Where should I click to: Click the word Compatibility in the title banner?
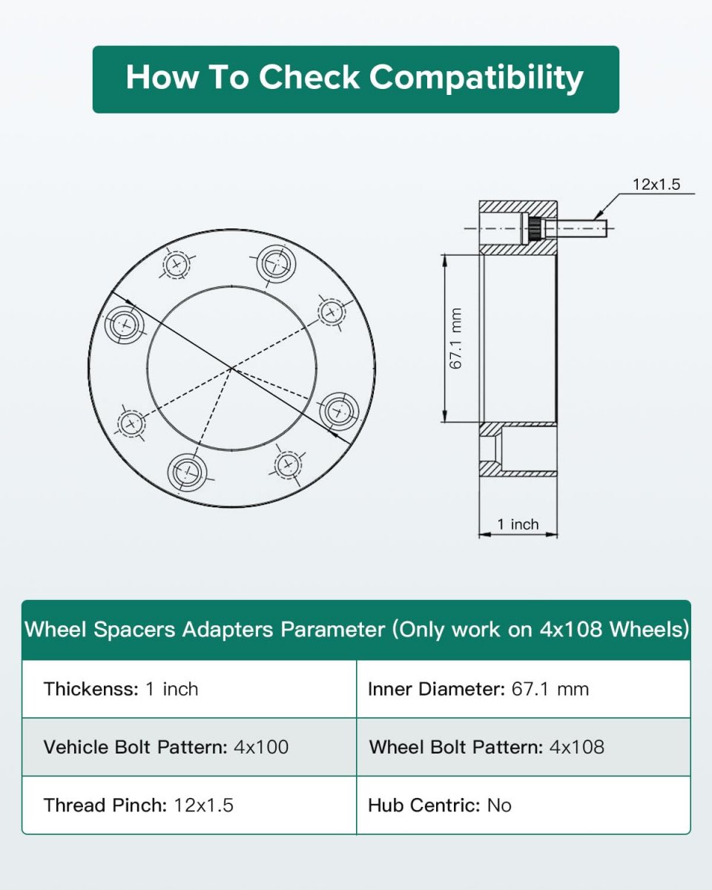coord(476,79)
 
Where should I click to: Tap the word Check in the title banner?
coord(309,77)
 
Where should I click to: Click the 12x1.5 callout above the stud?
coord(656,184)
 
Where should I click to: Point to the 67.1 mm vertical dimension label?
coord(455,338)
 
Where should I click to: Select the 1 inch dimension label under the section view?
coord(518,524)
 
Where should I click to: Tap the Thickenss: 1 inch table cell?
coord(189,688)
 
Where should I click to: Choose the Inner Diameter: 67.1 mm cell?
coord(524,688)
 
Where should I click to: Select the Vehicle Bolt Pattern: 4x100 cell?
coord(189,747)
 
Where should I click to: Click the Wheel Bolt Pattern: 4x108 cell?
coord(524,747)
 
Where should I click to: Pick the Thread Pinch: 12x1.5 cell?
coord(189,805)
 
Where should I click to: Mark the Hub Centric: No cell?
coord(524,805)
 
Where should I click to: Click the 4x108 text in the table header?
coord(570,629)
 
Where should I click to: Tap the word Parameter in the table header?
coord(332,630)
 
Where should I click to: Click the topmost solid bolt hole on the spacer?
coord(276,263)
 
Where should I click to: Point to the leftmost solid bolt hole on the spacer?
coord(124,324)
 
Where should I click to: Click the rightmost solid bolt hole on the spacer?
coord(340,412)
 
